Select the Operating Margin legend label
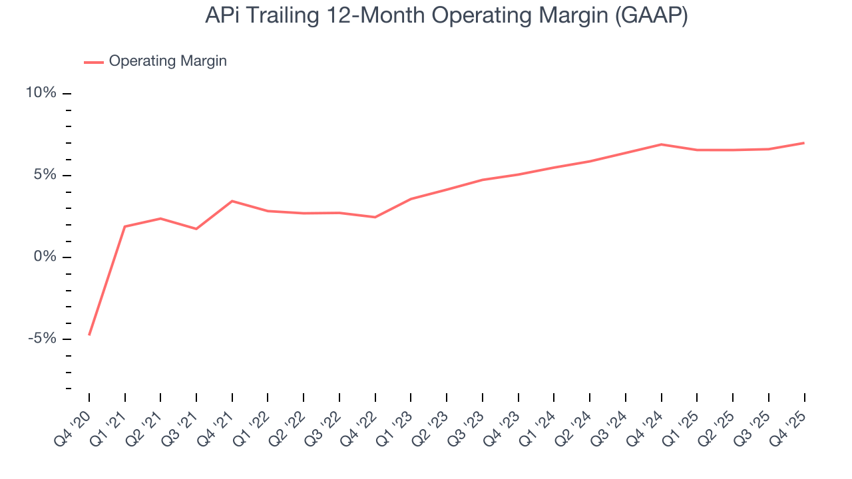[x=168, y=61]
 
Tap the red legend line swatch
[x=93, y=62]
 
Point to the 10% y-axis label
[x=41, y=93]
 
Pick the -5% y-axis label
[x=43, y=339]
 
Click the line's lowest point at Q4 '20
[x=89, y=335]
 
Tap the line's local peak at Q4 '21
[x=232, y=201]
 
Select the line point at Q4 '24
[x=661, y=144]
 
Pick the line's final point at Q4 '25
[x=804, y=143]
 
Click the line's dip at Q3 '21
[x=196, y=229]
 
